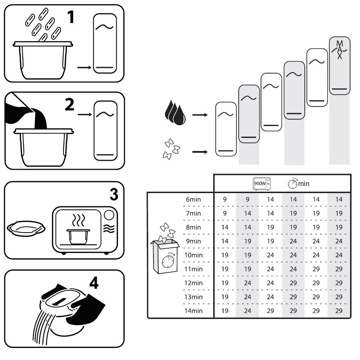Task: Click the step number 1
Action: tap(71, 17)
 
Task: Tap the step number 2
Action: tap(70, 104)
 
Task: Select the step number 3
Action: tap(114, 194)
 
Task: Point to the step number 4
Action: tap(94, 283)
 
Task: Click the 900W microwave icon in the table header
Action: tap(262, 184)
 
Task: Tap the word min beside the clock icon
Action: tap(303, 184)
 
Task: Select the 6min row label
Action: tap(193, 199)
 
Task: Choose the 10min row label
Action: tap(193, 255)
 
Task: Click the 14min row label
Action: tap(193, 310)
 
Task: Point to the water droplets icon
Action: tap(175, 112)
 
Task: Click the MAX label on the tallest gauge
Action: tap(339, 50)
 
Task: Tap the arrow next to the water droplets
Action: tap(200, 115)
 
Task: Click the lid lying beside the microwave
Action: tap(26, 228)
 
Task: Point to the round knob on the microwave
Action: tap(109, 215)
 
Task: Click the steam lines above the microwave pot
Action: tap(79, 220)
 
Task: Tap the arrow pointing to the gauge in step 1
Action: tap(84, 68)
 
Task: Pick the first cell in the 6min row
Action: tap(225, 199)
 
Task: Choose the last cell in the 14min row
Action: tap(339, 310)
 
